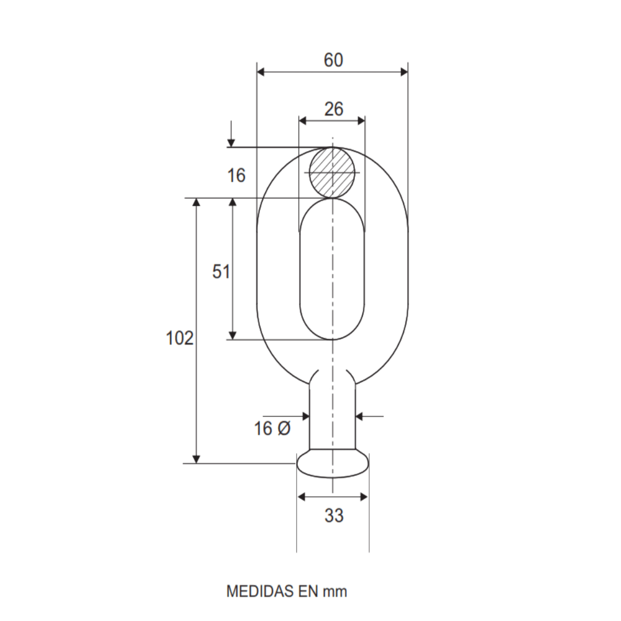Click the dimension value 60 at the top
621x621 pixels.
(333, 60)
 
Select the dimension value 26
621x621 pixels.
(333, 109)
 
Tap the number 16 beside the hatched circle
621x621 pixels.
(236, 175)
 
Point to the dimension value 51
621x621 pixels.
(221, 271)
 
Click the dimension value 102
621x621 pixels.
(179, 339)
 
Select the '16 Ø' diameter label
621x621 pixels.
(273, 428)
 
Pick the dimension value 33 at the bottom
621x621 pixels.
(333, 516)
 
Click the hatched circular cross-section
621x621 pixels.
(332, 172)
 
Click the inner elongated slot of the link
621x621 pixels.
(332, 270)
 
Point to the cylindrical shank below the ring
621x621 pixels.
(332, 417)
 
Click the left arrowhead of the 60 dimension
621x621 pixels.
(260, 72)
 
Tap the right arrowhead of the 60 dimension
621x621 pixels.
(404, 72)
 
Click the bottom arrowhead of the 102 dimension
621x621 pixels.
(196, 458)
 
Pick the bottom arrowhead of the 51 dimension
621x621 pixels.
(232, 335)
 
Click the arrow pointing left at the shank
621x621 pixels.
(360, 415)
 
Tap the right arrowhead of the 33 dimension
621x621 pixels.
(363, 497)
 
